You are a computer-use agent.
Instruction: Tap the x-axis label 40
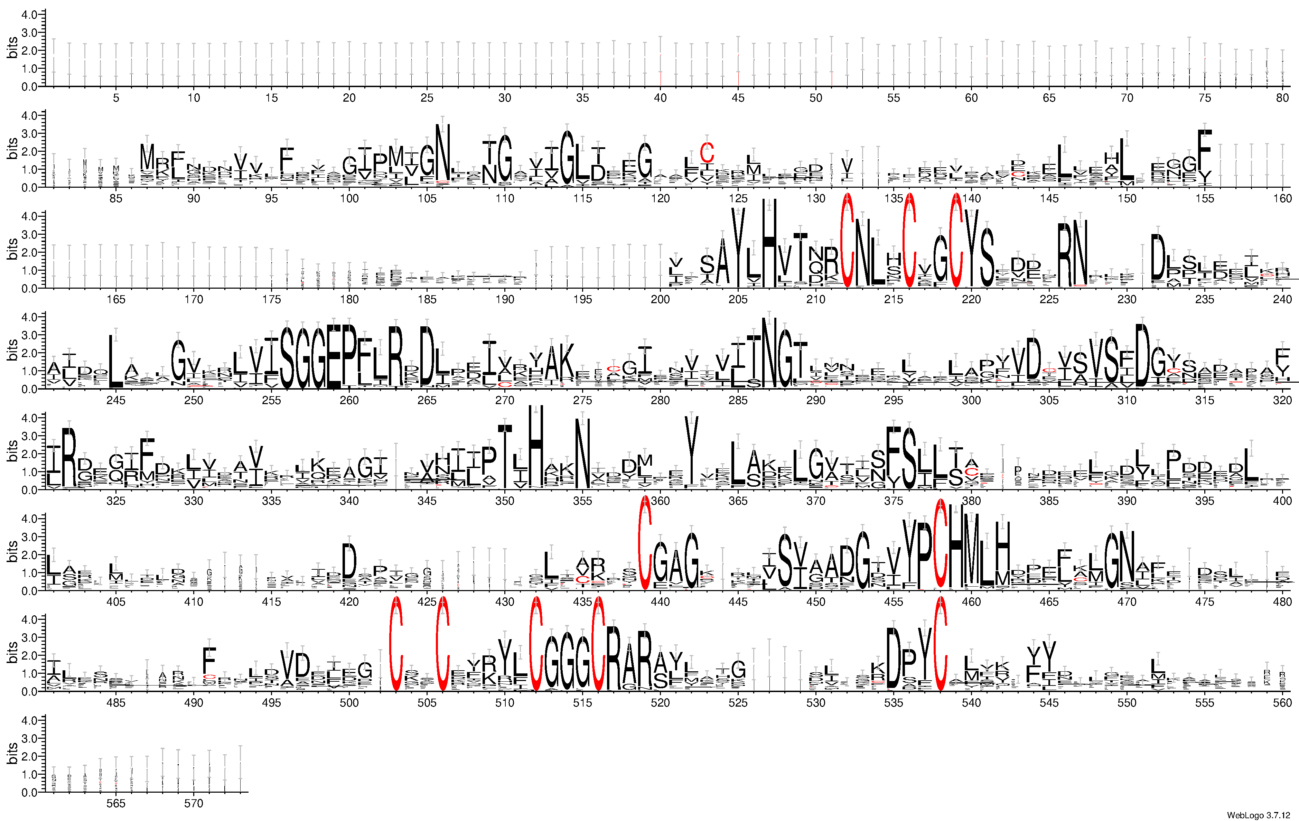(660, 97)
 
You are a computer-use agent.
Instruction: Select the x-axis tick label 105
(427, 198)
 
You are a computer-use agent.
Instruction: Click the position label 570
(194, 803)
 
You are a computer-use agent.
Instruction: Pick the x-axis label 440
(660, 601)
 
